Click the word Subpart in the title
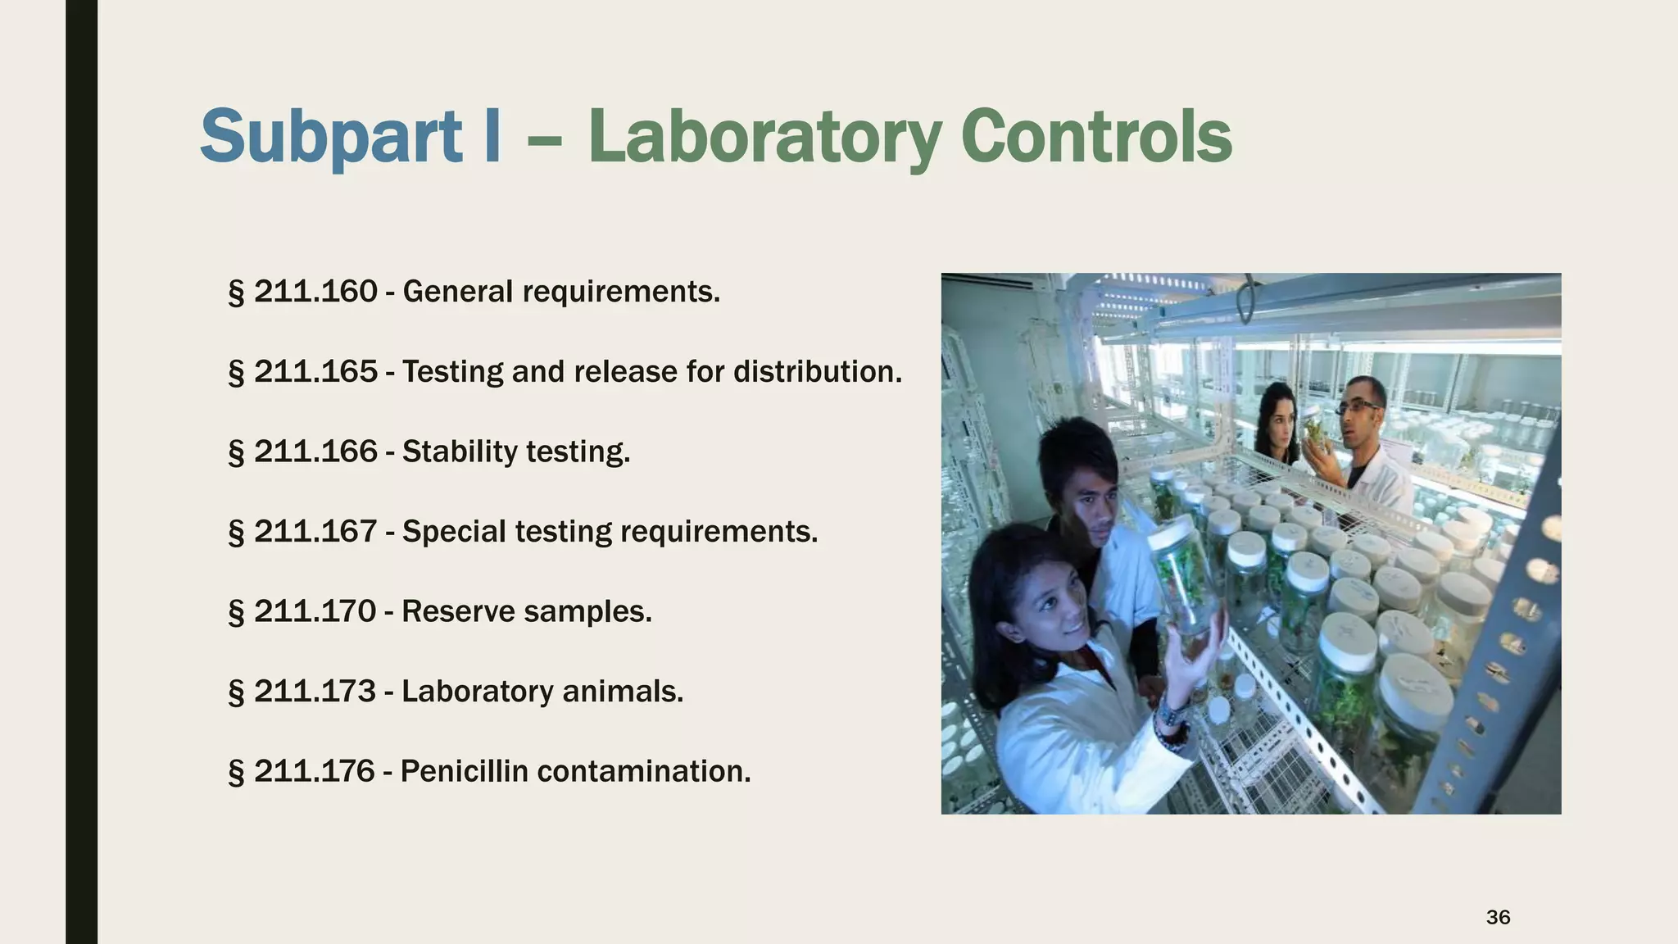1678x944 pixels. [331, 137]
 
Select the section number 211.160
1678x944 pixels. [315, 292]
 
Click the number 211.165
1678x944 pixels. [315, 372]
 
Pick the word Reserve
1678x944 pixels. [455, 612]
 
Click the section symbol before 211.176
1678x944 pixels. [236, 773]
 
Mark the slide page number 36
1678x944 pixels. [1498, 918]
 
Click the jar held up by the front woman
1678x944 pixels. [1185, 574]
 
